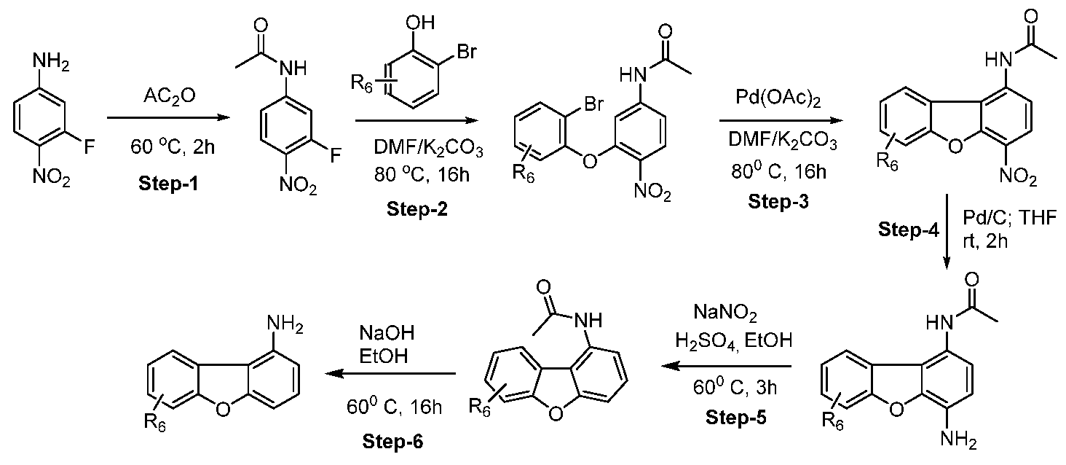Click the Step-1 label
[168, 184]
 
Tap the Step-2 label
[417, 209]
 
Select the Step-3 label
[778, 202]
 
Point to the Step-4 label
[909, 229]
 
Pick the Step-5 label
[736, 417]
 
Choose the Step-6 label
[392, 442]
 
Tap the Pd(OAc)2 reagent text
[778, 98]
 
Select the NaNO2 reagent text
[725, 313]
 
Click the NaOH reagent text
[387, 333]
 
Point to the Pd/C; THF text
[1009, 218]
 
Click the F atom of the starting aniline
[89, 148]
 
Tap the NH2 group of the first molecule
[50, 63]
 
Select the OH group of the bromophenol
[420, 23]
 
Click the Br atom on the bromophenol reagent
[466, 52]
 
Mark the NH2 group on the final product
[285, 324]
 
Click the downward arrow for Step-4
[947, 232]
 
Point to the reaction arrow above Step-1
[169, 117]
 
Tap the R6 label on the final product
[155, 422]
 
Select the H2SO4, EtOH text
[733, 341]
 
